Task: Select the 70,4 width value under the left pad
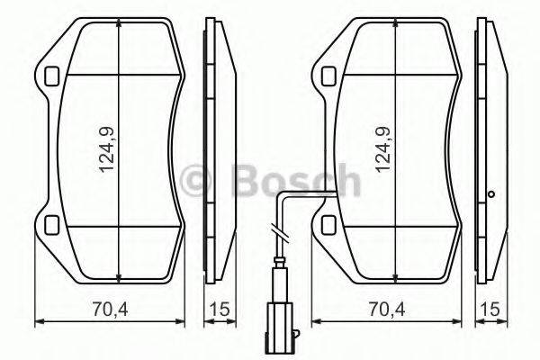[109, 310]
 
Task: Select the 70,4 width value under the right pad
[384, 310]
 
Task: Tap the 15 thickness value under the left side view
[217, 310]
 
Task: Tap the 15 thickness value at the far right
[491, 310]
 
